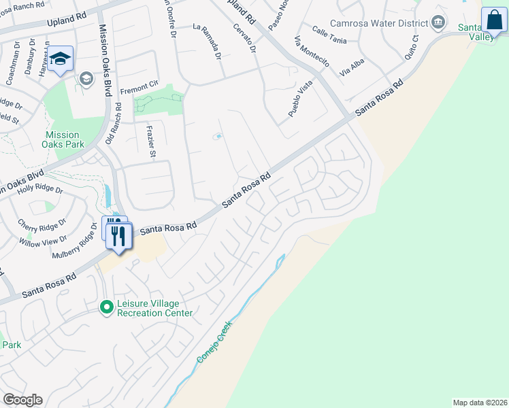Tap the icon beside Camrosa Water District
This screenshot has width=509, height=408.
click(439, 22)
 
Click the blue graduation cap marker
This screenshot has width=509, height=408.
click(61, 59)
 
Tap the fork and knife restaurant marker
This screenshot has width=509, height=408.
click(119, 236)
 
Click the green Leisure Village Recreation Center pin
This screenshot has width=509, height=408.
click(106, 307)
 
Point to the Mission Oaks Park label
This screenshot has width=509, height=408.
click(63, 139)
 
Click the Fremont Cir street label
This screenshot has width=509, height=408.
click(139, 90)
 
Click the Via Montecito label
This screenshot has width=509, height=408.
click(312, 52)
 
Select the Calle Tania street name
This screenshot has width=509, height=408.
click(329, 35)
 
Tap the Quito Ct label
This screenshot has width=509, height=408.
click(414, 48)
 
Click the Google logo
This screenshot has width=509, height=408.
click(22, 400)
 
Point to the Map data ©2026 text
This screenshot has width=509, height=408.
click(479, 402)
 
